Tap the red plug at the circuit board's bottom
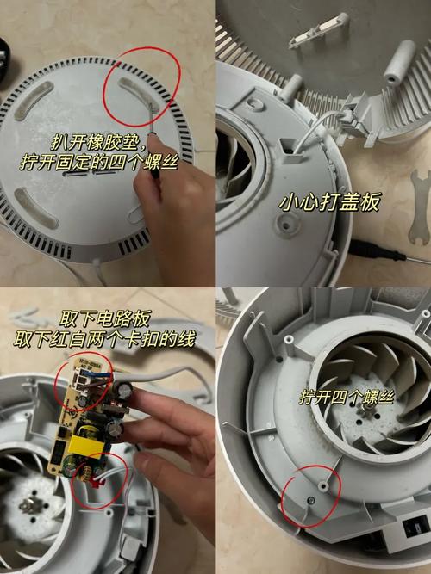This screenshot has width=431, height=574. click(97, 484)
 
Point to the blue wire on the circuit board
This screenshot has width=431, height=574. click(95, 374)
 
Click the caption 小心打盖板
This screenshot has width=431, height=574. click(328, 202)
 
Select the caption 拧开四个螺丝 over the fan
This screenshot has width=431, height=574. click(347, 397)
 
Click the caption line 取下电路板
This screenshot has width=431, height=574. click(105, 319)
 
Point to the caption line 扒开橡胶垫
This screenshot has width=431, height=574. click(99, 142)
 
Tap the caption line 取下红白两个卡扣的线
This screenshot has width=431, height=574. click(104, 339)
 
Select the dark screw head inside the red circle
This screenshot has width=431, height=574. click(311, 500)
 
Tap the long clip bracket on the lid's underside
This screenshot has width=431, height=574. click(318, 30)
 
